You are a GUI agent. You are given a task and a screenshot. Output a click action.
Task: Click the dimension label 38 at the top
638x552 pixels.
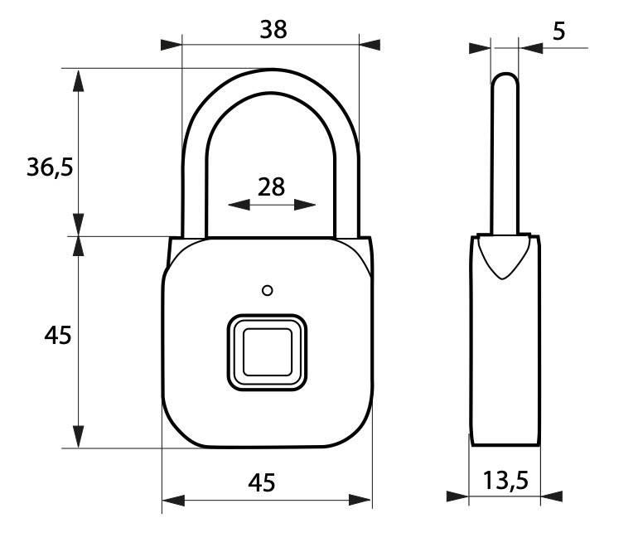click(x=273, y=29)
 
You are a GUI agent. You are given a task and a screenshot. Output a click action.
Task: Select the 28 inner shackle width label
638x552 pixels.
click(x=271, y=186)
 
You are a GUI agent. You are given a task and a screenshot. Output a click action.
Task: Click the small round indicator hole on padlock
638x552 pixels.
click(x=266, y=290)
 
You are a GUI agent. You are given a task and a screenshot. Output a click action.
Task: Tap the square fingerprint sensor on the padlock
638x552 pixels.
click(x=266, y=351)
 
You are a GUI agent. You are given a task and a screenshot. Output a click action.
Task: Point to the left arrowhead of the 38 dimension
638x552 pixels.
click(x=170, y=43)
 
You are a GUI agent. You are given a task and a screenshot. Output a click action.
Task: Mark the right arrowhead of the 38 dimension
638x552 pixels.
click(x=370, y=43)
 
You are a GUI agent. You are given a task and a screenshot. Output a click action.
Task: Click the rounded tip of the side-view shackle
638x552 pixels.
click(x=505, y=79)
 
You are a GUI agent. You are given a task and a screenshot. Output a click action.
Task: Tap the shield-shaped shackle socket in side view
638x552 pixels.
click(x=504, y=257)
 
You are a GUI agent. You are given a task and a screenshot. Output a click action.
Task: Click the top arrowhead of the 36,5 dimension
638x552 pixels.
click(x=78, y=80)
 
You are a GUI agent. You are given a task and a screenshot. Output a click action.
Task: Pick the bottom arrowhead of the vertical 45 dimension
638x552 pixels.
click(x=78, y=436)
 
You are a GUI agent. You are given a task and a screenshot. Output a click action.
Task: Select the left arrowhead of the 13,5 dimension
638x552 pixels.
click(x=457, y=496)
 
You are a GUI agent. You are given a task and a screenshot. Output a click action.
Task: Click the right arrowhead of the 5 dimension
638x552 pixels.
click(x=531, y=47)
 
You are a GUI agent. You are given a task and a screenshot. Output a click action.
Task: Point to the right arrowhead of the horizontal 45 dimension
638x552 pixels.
click(x=361, y=500)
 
